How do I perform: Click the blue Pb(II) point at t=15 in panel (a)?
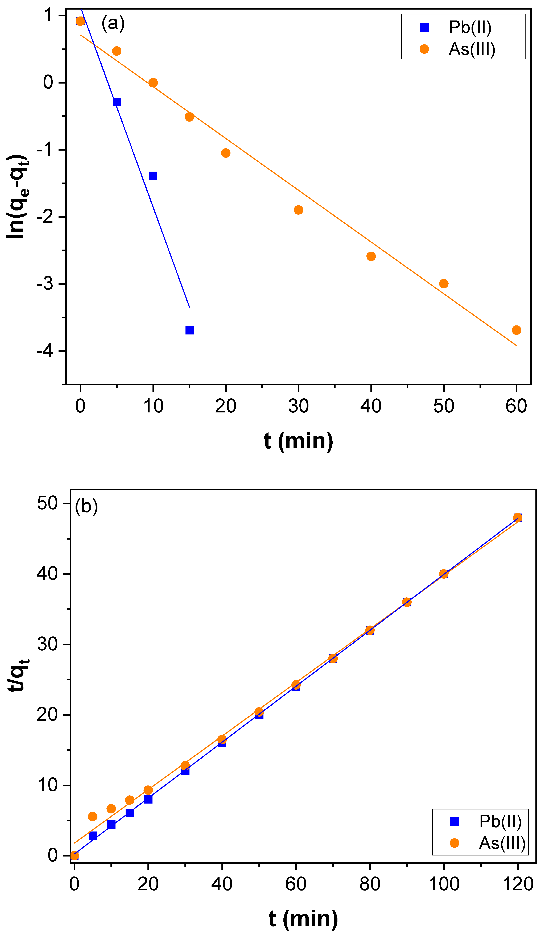[x=190, y=330]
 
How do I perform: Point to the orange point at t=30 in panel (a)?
[x=298, y=210]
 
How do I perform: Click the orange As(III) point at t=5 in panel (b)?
[x=93, y=817]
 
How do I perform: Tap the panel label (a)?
[x=113, y=23]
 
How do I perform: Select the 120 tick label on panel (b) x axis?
[x=518, y=884]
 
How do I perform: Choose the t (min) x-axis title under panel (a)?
[x=298, y=441]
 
